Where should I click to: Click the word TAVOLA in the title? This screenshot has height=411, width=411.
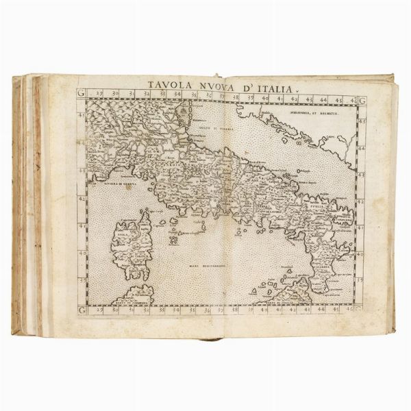(x=170, y=88)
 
